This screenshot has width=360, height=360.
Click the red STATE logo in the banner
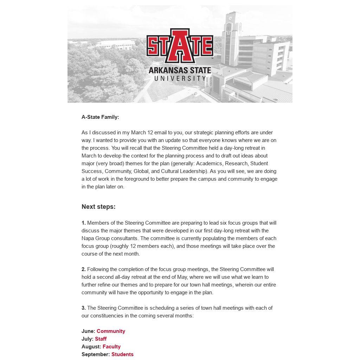pyautogui.click(x=180, y=45)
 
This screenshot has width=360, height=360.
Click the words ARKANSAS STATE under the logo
pyautogui.click(x=180, y=70)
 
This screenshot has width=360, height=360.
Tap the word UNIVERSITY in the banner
pyautogui.click(x=180, y=78)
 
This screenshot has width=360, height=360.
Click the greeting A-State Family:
pyautogui.click(x=100, y=117)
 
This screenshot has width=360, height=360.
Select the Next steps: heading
pyautogui.click(x=98, y=207)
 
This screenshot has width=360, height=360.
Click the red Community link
pyautogui.click(x=111, y=331)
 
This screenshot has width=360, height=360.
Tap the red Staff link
pyautogui.click(x=101, y=339)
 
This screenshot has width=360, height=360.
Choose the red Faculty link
pyautogui.click(x=111, y=347)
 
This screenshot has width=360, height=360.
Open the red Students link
pyautogui.click(x=122, y=354)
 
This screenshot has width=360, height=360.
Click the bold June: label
pyautogui.click(x=88, y=331)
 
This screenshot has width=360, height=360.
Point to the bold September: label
pyautogui.click(x=96, y=354)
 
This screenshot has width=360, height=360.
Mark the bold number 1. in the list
pyautogui.click(x=84, y=223)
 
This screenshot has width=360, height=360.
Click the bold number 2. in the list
pyautogui.click(x=84, y=269)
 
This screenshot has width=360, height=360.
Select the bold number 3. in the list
pyautogui.click(x=84, y=308)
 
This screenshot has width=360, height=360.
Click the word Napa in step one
pyautogui.click(x=88, y=238)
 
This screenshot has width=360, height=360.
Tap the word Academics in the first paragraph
pyautogui.click(x=209, y=163)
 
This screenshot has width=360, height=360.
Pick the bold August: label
pyautogui.click(x=91, y=347)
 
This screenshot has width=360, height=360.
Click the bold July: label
pyautogui.click(x=88, y=339)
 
